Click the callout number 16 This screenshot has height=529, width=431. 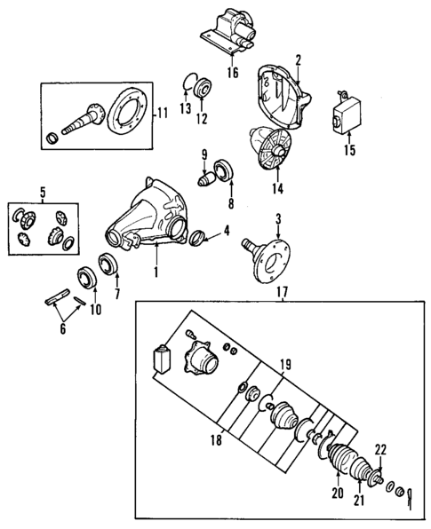pos(232,74)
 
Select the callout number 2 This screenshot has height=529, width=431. pos(299,60)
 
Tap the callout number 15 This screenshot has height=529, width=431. pos(348,150)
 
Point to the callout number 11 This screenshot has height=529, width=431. pos(162,113)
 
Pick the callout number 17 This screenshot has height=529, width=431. pos(282,291)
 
